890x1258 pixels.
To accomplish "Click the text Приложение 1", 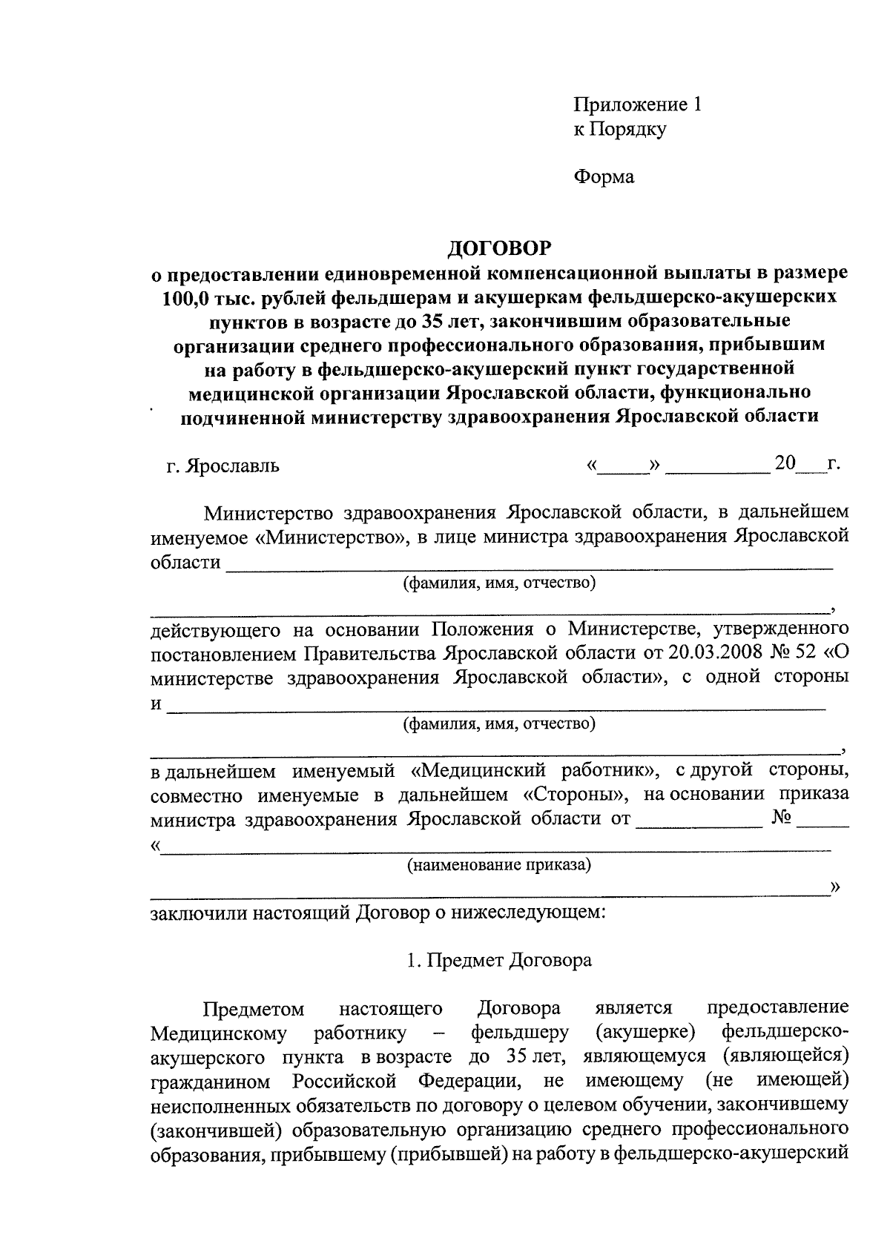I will [637, 105].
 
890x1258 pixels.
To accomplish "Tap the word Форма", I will [604, 177].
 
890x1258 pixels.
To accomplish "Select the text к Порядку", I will [620, 130].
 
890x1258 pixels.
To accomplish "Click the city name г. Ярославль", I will [222, 467].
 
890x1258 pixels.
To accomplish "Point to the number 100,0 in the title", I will [185, 297].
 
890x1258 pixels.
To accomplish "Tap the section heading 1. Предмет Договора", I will [499, 961].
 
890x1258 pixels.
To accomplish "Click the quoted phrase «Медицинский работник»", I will [535, 770].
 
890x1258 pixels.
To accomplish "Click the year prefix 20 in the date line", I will [785, 465].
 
